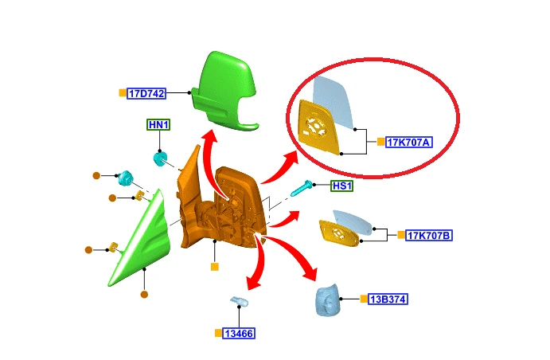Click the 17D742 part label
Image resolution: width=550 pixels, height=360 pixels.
[x=146, y=94]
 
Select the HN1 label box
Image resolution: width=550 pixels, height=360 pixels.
[x=158, y=124]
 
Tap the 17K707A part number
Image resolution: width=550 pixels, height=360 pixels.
[x=408, y=142]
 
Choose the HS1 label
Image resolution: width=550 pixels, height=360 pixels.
[x=342, y=186]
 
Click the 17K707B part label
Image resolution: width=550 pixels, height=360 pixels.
[x=429, y=235]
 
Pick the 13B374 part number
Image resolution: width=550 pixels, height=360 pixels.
[x=388, y=299]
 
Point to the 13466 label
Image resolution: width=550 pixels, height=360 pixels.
[x=239, y=334]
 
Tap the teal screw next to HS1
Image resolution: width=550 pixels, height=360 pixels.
[x=302, y=188]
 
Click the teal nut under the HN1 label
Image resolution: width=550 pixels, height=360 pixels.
[x=160, y=158]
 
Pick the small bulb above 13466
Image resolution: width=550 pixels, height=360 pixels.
[x=240, y=301]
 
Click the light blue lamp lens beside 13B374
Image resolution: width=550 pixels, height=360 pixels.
[x=328, y=300]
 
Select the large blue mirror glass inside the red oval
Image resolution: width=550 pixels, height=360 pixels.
[x=334, y=102]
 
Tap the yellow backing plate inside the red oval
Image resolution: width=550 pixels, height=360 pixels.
[x=318, y=127]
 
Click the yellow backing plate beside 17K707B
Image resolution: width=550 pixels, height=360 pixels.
[x=339, y=233]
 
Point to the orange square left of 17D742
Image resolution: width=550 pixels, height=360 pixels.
[x=123, y=93]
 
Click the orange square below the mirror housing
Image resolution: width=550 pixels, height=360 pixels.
[x=215, y=267]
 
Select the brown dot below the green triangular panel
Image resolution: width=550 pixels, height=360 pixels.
[x=144, y=295]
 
